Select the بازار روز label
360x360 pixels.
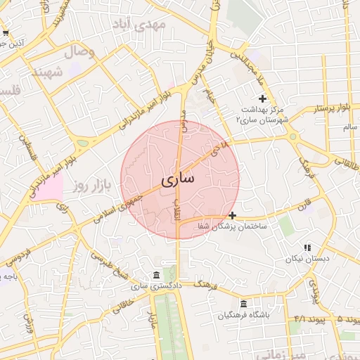point(95,186)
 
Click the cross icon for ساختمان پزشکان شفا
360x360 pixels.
point(233,214)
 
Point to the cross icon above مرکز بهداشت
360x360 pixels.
point(263,98)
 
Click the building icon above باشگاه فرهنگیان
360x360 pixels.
point(244,304)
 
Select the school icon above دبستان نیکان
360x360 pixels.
point(307,247)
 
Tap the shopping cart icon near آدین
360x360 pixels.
point(6,33)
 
